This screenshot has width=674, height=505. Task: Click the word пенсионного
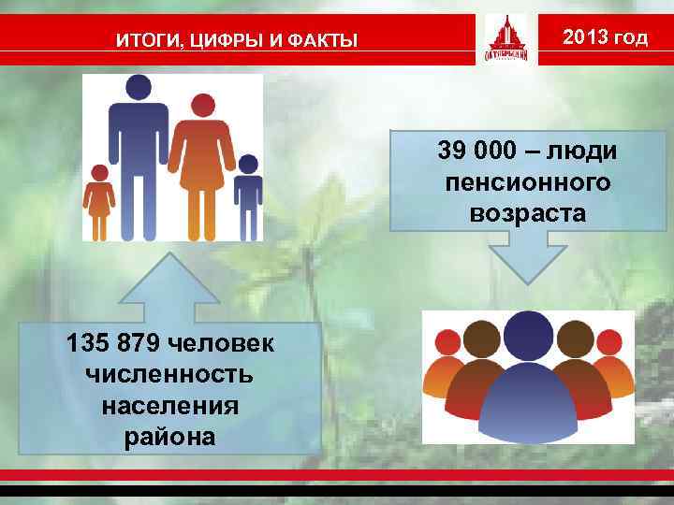pos(529,182)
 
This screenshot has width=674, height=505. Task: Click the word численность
pos(169,375)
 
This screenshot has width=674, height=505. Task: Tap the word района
pos(169,437)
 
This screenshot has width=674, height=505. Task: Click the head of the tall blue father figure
pos(138,88)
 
